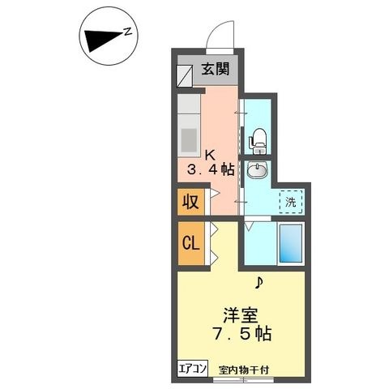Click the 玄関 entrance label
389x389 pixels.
click(x=216, y=69)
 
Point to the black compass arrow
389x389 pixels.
click(x=104, y=41)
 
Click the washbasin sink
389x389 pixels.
click(x=257, y=170)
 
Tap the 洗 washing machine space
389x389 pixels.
click(x=291, y=202)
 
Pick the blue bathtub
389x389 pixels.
click(x=291, y=243)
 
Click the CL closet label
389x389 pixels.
click(x=190, y=243)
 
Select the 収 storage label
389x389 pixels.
click(x=190, y=202)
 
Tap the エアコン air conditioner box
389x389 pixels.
click(x=192, y=369)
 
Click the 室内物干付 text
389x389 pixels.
click(x=244, y=370)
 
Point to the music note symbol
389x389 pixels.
click(x=259, y=283)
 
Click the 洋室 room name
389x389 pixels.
click(x=240, y=315)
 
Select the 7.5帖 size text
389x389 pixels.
click(x=242, y=334)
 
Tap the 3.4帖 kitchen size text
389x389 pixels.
click(x=211, y=169)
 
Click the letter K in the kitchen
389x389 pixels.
click(x=210, y=155)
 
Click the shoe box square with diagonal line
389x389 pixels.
click(x=185, y=76)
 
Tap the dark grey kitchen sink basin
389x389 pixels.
click(x=189, y=140)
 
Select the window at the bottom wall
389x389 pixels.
click(x=244, y=379)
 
